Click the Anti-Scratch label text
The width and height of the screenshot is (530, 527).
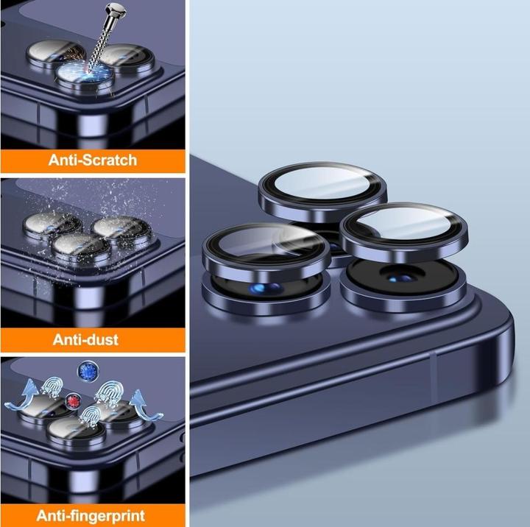click(x=93, y=160)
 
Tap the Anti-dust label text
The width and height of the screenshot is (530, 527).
click(x=85, y=339)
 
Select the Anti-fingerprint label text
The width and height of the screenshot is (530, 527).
click(x=91, y=516)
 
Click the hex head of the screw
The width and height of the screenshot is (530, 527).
click(x=115, y=11)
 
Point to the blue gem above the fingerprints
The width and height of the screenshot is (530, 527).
click(x=88, y=371)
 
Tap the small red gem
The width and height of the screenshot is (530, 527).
click(x=73, y=401)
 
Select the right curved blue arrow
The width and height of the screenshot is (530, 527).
click(x=145, y=406)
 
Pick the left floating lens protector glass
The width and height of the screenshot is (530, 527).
click(x=267, y=244)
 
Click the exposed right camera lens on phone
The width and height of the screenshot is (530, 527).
click(x=402, y=275)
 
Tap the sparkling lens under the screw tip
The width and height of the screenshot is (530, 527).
click(x=85, y=76)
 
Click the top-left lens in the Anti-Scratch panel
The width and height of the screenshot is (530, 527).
click(x=52, y=54)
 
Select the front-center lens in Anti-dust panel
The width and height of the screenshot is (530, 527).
click(x=81, y=246)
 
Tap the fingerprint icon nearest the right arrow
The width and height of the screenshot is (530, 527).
click(x=107, y=393)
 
